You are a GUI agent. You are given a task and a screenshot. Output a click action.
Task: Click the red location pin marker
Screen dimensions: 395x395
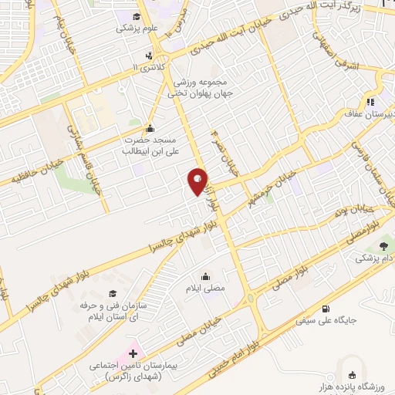pos(198,181)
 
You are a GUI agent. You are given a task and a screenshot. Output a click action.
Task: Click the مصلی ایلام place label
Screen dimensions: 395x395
pos(206,287)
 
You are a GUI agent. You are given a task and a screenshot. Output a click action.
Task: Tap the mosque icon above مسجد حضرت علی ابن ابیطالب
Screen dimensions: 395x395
pos(149,129)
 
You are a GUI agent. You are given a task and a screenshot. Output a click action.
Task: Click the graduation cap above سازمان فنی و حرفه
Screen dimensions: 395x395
pos(113,293)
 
